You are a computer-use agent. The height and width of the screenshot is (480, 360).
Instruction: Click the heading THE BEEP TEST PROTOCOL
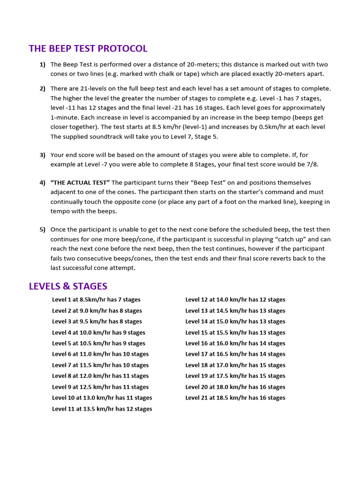(x=88, y=48)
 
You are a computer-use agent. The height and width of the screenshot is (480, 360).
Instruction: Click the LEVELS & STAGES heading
(x=68, y=286)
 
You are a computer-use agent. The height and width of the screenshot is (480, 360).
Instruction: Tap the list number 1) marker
(x=43, y=64)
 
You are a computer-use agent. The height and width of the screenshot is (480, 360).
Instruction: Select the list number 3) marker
(x=43, y=155)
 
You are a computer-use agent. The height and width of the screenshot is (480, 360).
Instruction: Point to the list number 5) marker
(x=43, y=229)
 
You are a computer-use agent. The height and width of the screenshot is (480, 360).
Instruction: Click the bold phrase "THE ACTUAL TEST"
(x=80, y=182)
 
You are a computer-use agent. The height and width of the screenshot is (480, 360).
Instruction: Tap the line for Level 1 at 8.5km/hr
(x=96, y=300)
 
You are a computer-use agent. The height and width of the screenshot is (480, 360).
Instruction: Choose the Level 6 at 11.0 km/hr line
(x=100, y=354)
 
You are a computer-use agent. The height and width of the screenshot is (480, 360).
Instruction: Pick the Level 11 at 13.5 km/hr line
(x=102, y=409)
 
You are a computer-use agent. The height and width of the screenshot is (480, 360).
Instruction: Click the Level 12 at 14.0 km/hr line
(x=235, y=300)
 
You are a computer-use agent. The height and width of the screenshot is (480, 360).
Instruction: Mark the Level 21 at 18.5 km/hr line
(x=235, y=398)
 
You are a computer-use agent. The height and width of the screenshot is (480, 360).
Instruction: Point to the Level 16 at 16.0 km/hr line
(x=235, y=344)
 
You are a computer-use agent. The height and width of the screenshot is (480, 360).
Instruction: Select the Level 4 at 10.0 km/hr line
(x=98, y=332)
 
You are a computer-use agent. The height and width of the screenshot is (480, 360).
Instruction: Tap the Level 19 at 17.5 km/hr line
(x=235, y=376)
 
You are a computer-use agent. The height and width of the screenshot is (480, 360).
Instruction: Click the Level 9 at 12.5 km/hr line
(x=100, y=387)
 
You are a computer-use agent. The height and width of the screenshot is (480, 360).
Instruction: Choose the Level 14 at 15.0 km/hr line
(x=235, y=322)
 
